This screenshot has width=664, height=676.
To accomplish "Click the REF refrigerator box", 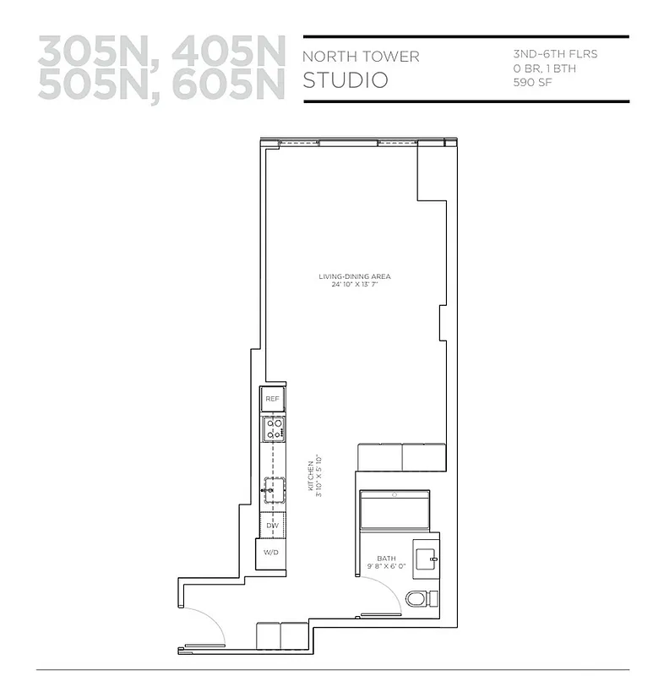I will pyautogui.click(x=272, y=399).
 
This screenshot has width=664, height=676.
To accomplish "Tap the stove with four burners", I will pyautogui.click(x=273, y=429).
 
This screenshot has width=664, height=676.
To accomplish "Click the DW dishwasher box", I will pyautogui.click(x=272, y=526).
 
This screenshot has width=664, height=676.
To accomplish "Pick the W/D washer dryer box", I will pyautogui.click(x=272, y=553).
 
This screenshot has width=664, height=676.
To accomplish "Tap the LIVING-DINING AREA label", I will pyautogui.click(x=354, y=276).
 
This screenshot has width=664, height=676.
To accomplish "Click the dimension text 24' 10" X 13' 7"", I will pyautogui.click(x=354, y=285).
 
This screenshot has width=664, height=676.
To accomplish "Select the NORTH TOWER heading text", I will pyautogui.click(x=361, y=57).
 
